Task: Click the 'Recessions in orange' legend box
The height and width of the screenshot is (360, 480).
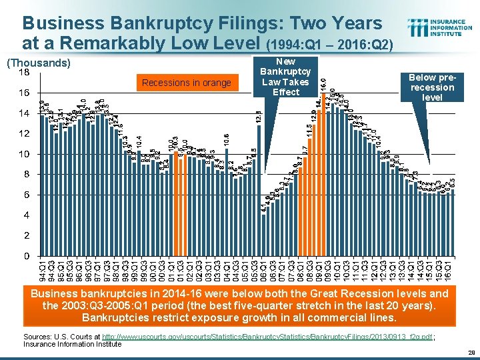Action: [186, 83]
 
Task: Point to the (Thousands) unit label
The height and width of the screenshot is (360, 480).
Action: [37, 63]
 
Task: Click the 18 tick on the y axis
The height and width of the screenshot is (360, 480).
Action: [23, 72]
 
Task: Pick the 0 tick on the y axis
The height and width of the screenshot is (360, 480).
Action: [25, 257]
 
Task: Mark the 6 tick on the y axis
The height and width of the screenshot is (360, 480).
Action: [25, 195]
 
